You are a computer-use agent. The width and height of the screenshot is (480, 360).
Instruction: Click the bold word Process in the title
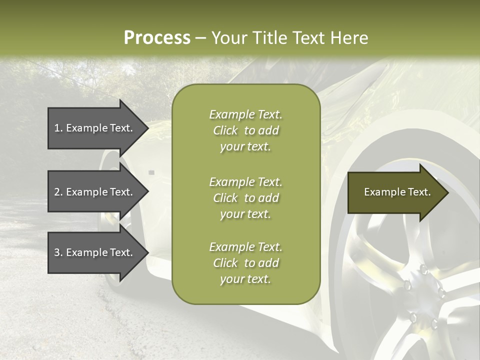[x=157, y=38]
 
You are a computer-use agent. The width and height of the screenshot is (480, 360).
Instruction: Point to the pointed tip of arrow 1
[x=147, y=128]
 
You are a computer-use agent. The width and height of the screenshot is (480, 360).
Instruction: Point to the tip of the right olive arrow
[x=447, y=192]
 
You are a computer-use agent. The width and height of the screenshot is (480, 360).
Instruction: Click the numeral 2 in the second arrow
[x=57, y=192]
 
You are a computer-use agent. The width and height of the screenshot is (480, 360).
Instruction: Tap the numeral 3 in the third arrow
[x=57, y=252]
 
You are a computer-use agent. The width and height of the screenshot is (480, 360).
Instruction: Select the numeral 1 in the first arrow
[x=57, y=128]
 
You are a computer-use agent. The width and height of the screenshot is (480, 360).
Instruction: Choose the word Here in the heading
[x=350, y=38]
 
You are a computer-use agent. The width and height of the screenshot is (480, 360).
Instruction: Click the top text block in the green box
[x=245, y=130]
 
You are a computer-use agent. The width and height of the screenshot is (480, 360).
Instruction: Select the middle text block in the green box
[x=245, y=198]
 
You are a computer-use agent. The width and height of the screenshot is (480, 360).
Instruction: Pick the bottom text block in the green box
[x=245, y=263]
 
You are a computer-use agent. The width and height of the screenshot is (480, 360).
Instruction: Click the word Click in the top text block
[x=225, y=131]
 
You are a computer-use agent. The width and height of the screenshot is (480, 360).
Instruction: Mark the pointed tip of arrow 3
[x=147, y=252]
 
